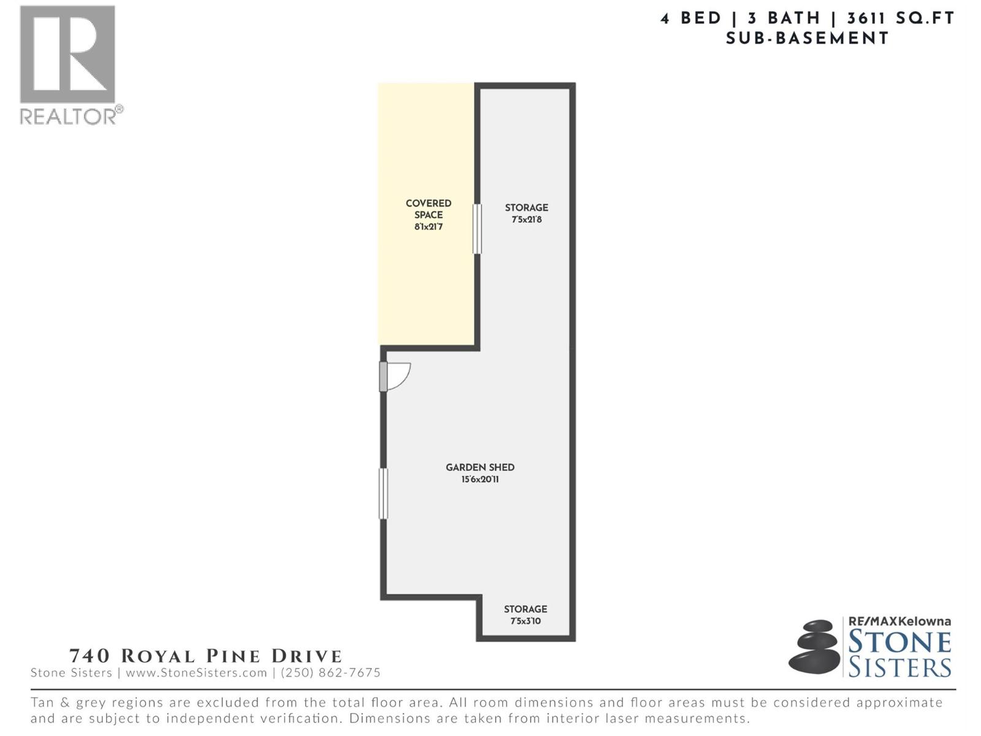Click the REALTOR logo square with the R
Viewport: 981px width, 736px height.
click(67, 54)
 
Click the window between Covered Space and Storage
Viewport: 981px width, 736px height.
click(477, 229)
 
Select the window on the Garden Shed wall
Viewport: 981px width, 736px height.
click(383, 493)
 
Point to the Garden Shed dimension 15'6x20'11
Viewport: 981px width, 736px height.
click(480, 480)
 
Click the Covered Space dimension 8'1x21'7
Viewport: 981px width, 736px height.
click(428, 226)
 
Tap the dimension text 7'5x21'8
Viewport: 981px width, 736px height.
click(527, 220)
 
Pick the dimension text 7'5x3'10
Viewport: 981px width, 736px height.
click(525, 621)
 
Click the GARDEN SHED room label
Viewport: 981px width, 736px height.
click(480, 467)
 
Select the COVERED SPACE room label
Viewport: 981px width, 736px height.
click(429, 209)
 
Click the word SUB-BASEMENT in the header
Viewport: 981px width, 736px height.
click(807, 39)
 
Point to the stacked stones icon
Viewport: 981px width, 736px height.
click(814, 646)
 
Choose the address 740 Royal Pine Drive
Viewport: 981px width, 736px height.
click(205, 656)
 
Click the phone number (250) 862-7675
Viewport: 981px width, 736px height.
click(330, 673)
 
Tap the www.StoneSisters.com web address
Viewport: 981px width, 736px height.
click(196, 673)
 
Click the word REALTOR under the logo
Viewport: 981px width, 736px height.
click(67, 117)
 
